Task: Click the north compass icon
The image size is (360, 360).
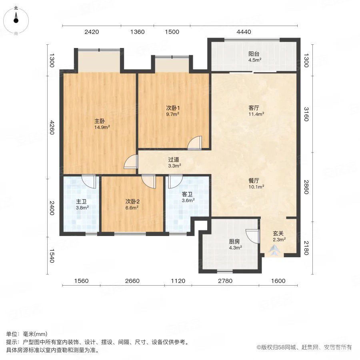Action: (16, 19)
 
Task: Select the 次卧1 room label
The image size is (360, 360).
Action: (172, 108)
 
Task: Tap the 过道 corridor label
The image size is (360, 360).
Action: (174, 159)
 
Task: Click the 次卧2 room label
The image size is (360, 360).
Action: (132, 201)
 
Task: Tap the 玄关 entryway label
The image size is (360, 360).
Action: (279, 234)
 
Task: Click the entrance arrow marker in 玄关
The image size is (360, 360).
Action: (274, 251)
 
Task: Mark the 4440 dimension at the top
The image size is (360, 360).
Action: (244, 32)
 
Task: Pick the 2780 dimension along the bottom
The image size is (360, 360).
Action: (225, 281)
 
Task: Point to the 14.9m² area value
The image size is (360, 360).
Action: (102, 127)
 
